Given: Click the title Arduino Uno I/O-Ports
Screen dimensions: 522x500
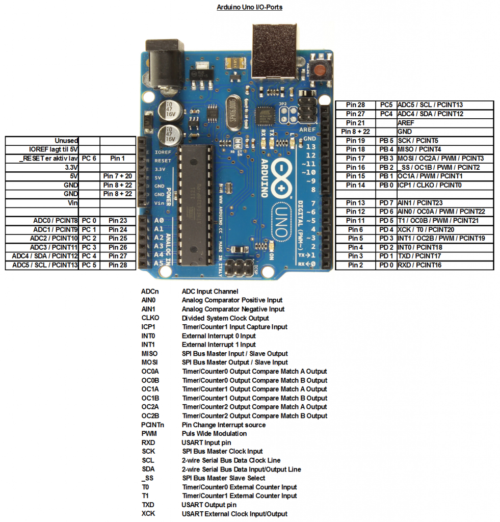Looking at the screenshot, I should tap(249, 8).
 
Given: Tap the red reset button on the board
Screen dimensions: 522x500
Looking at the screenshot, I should tap(321, 70).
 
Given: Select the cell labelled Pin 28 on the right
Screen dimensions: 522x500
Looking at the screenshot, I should tap(355, 105).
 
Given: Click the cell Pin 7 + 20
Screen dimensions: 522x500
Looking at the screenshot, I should tap(117, 176).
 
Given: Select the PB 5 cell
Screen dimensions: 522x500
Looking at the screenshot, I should tap(386, 141).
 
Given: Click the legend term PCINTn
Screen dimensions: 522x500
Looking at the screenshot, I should tap(152, 425).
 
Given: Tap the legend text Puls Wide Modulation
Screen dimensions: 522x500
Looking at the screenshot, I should tap(214, 434).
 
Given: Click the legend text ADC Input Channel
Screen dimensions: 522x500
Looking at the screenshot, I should tap(209, 292).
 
